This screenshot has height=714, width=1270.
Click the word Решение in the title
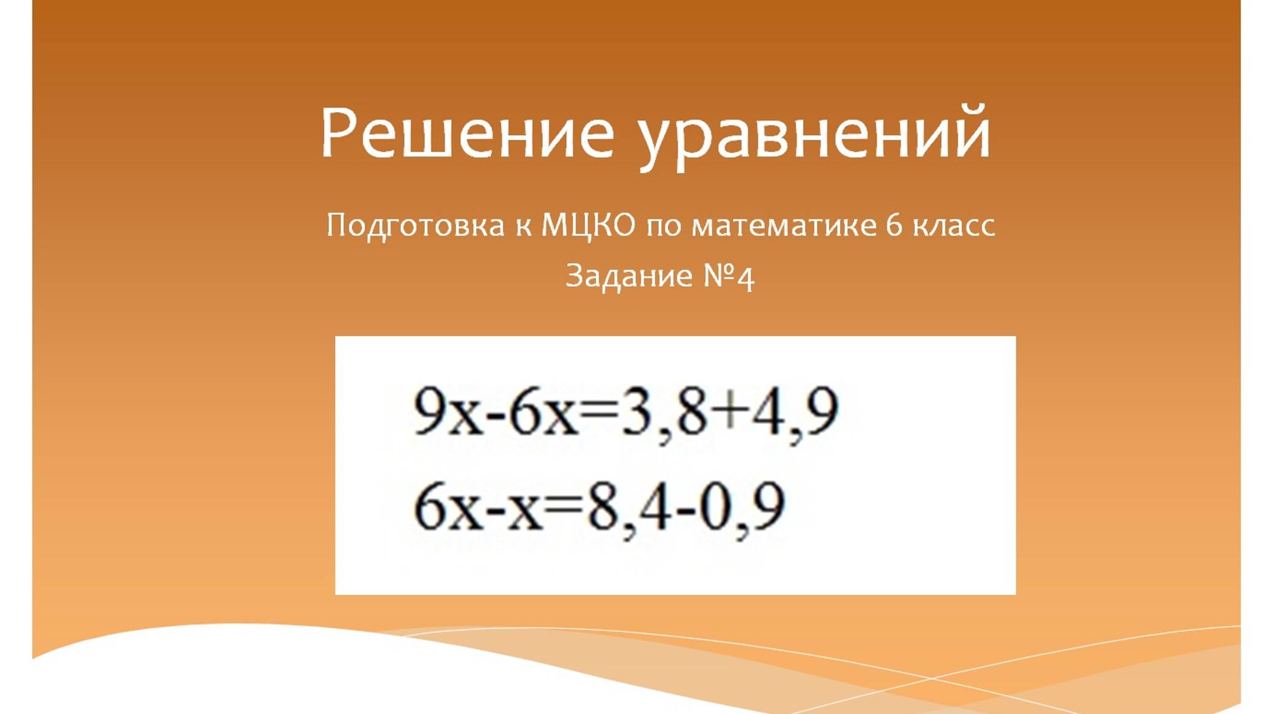click(467, 133)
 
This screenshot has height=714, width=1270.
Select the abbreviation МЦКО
click(588, 225)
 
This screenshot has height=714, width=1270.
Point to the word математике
click(784, 225)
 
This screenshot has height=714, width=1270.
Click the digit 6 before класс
click(894, 225)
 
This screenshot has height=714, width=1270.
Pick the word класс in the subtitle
click(953, 225)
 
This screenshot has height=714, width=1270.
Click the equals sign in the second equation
click(563, 506)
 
